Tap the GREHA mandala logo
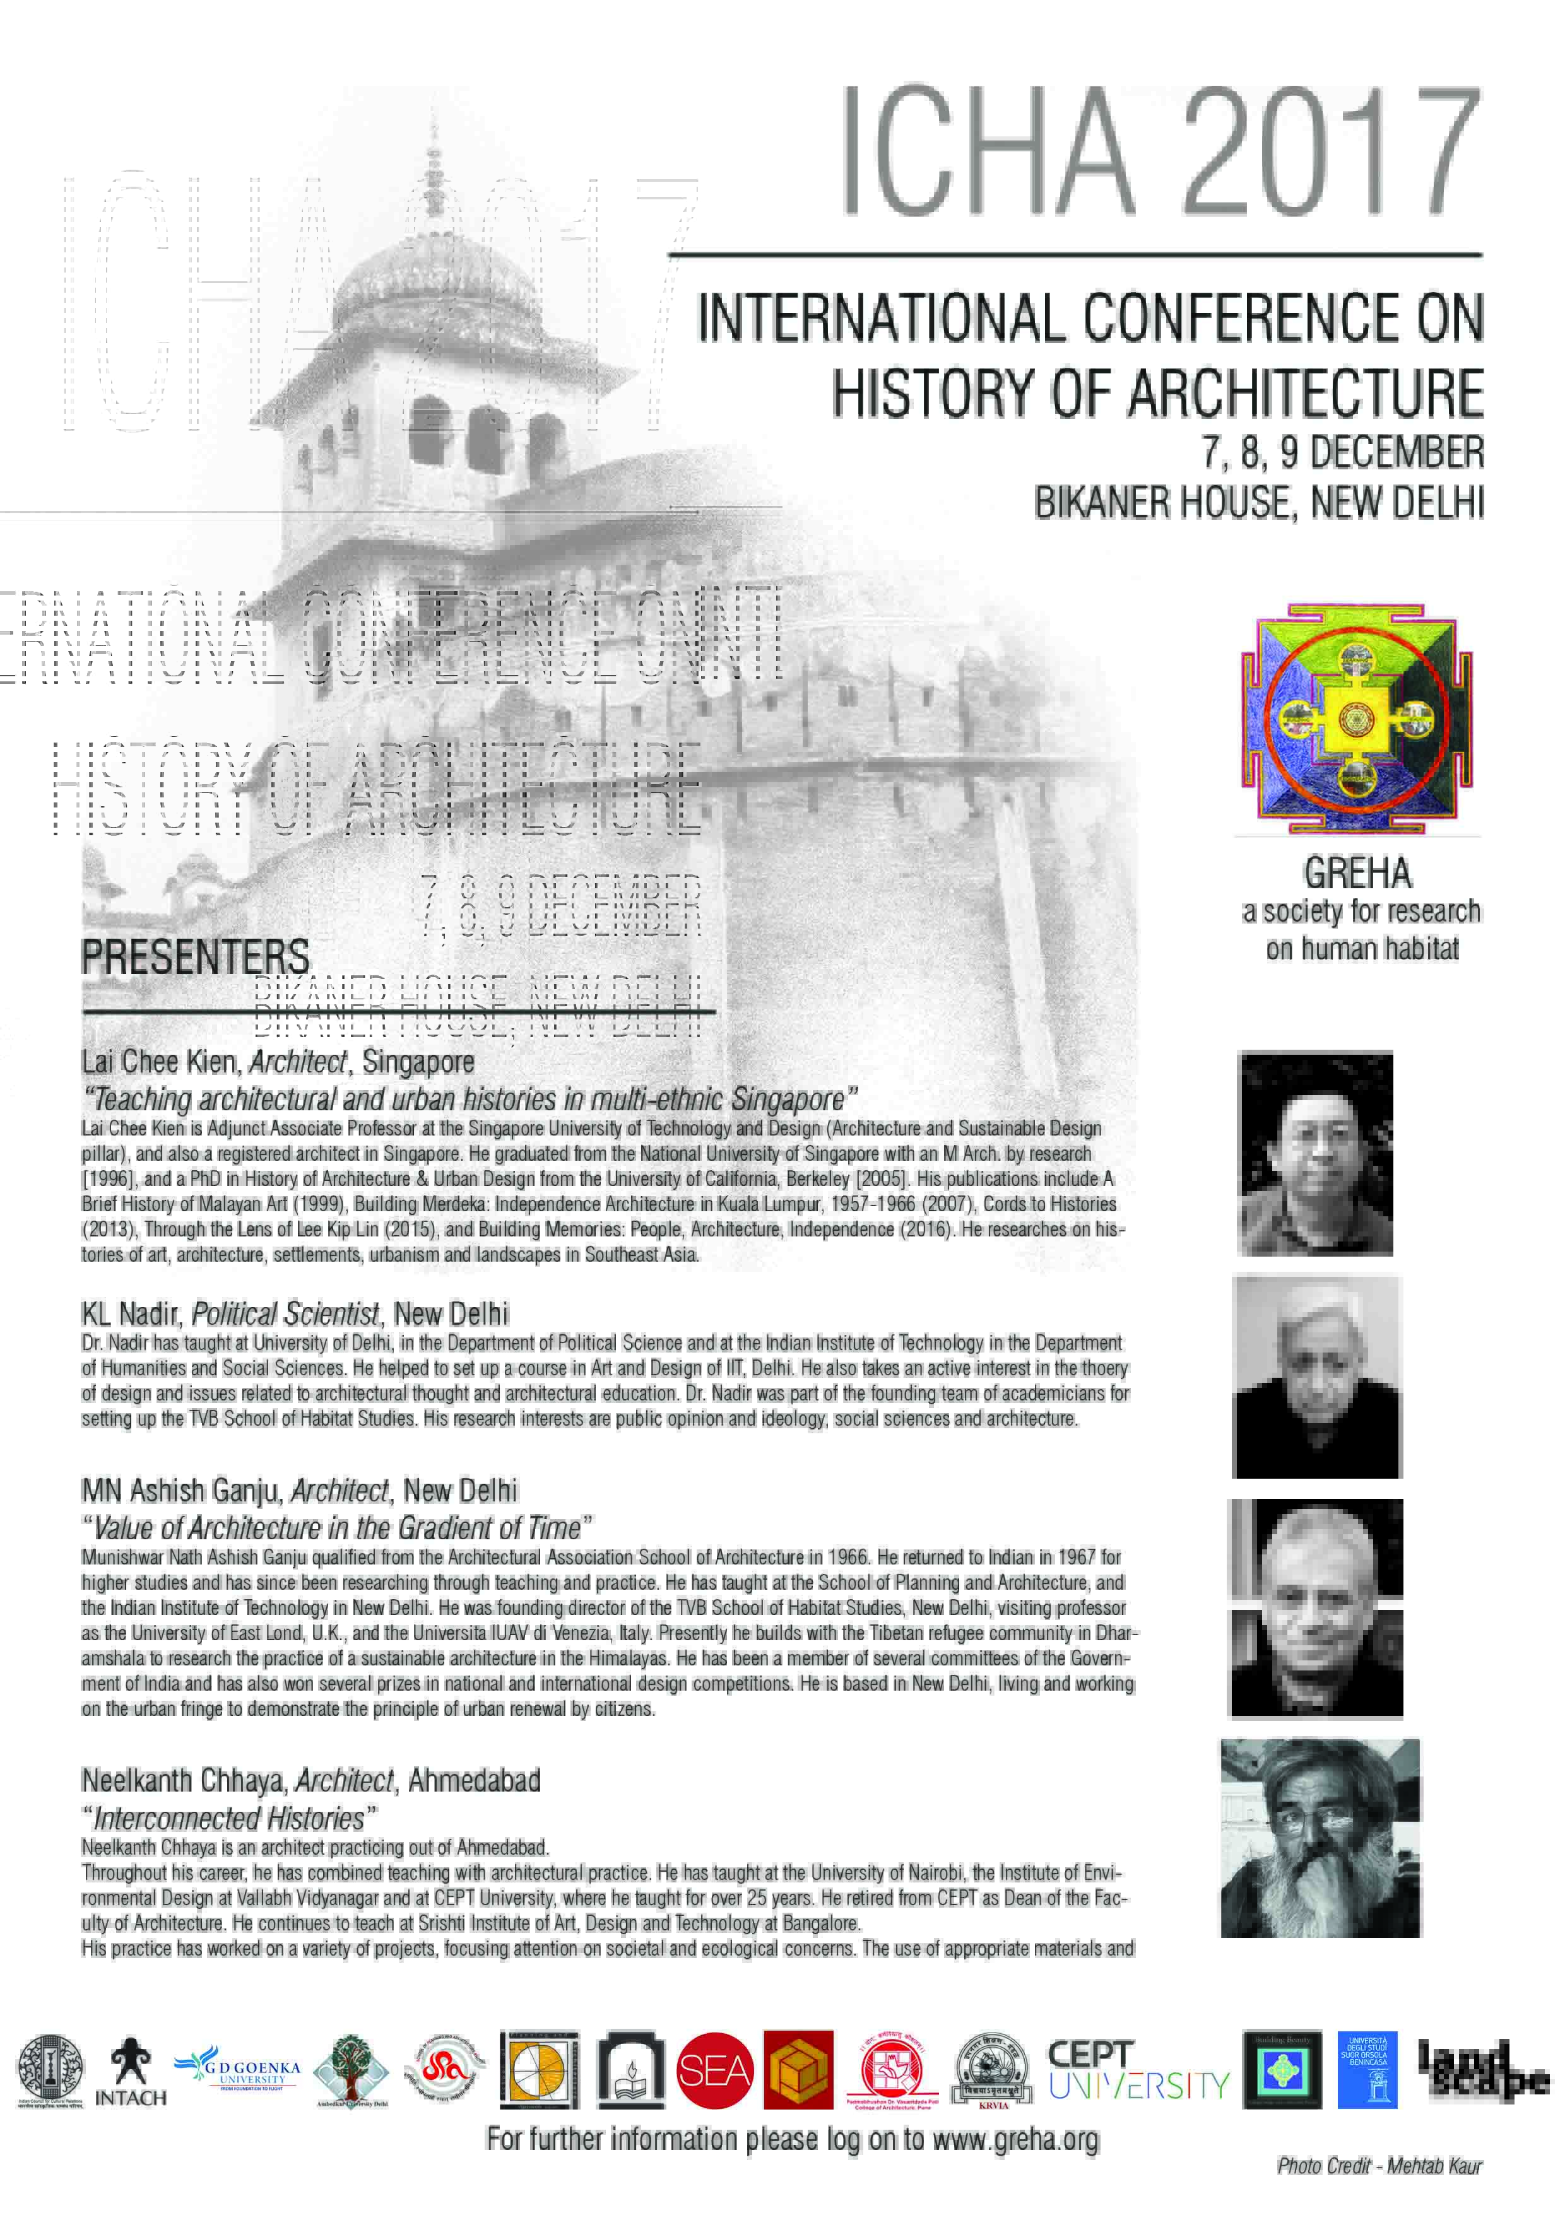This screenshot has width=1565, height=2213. [1357, 719]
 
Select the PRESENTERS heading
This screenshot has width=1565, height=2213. [195, 957]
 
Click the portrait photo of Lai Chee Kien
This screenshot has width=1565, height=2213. [1314, 1153]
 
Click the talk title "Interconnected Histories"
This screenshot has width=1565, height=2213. [230, 1819]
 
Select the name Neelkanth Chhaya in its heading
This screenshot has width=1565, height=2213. [183, 1780]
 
